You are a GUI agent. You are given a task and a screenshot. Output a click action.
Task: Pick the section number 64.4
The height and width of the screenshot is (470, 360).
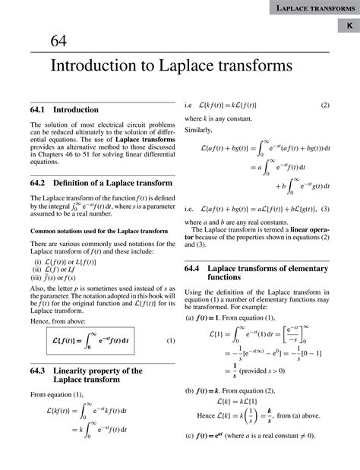tap(194, 269)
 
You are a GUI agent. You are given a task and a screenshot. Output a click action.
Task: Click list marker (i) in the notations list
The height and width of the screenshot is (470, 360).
tap(35, 262)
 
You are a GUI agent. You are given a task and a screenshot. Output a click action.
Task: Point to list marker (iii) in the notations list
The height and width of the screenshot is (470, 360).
tap(36, 279)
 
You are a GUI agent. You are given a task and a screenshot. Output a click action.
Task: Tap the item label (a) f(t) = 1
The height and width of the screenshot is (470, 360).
tap(210, 318)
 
